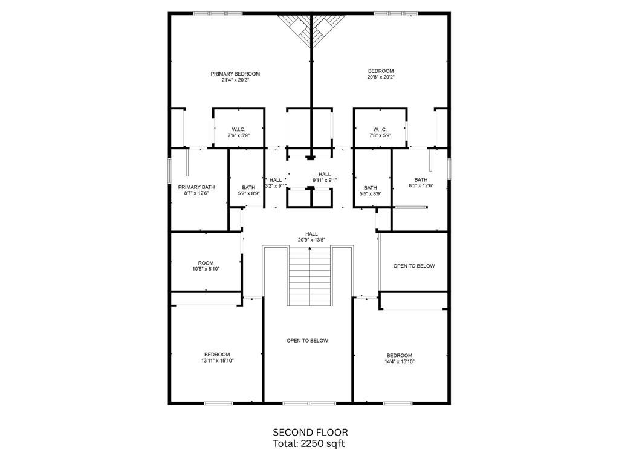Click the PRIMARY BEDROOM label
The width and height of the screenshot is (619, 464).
[235, 74]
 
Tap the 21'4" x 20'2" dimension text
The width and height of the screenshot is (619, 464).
[235, 80]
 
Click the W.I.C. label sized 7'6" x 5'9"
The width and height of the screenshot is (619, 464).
[238, 129]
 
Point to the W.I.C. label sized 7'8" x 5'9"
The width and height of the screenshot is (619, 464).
[380, 129]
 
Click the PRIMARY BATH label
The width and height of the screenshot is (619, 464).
[196, 187]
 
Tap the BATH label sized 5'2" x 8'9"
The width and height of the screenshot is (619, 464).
[248, 187]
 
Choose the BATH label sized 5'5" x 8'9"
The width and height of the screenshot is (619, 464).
[371, 187]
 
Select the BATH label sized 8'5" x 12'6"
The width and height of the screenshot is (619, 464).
[421, 180]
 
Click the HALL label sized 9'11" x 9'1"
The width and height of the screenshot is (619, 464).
[325, 174]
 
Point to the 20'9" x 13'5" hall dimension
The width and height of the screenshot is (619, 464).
[311, 240]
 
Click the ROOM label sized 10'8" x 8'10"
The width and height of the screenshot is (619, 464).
[206, 263]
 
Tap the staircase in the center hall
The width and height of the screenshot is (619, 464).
[310, 278]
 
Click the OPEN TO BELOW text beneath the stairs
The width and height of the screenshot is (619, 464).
[307, 341]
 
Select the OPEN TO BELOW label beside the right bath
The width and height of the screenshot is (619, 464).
[413, 266]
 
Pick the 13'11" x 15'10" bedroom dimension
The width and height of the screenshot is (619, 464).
[217, 361]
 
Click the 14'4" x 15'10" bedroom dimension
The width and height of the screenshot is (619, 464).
[399, 361]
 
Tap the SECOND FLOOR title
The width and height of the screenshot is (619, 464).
[310, 432]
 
